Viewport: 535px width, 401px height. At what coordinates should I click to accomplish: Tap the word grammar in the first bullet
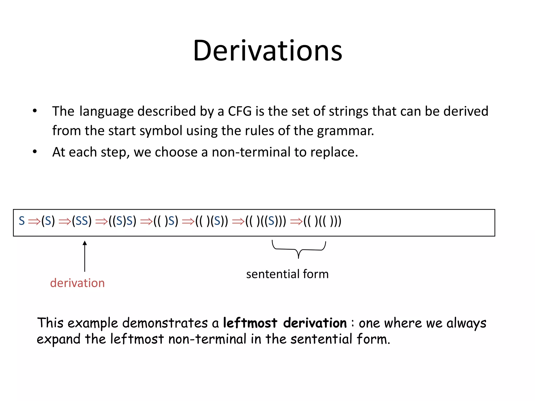(345, 131)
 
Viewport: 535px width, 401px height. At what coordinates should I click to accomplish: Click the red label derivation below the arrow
(77, 283)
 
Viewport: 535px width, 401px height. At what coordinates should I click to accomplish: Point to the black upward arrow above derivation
(85, 256)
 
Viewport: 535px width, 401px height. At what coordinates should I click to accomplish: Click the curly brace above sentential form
(299, 249)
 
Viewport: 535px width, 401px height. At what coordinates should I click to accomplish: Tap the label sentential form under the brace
(287, 274)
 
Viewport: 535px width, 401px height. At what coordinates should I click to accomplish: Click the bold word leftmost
(250, 323)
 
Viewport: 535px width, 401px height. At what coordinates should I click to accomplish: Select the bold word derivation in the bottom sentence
(315, 323)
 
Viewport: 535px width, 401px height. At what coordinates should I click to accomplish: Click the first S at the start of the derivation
(22, 221)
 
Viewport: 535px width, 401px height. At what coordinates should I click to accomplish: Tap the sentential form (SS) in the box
(82, 221)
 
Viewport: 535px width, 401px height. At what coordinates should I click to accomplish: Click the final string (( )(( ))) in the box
(322, 221)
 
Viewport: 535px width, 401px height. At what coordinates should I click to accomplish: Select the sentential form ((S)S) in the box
(123, 221)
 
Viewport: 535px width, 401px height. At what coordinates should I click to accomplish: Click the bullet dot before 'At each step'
(35, 152)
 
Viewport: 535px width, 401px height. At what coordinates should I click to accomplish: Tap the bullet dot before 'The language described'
(35, 111)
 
